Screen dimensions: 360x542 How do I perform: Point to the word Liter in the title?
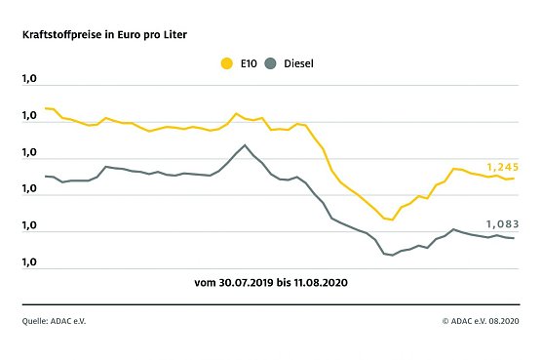pyautogui.click(x=174, y=34)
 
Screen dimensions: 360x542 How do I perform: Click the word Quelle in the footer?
pyautogui.click(x=36, y=320)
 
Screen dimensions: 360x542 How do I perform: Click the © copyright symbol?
pyautogui.click(x=445, y=320)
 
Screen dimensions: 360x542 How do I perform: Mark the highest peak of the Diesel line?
pyautogui.click(x=245, y=145)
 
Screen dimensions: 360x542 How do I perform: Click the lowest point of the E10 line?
pyautogui.click(x=392, y=220)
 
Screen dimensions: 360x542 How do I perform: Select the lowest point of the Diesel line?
pyautogui.click(x=392, y=256)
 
